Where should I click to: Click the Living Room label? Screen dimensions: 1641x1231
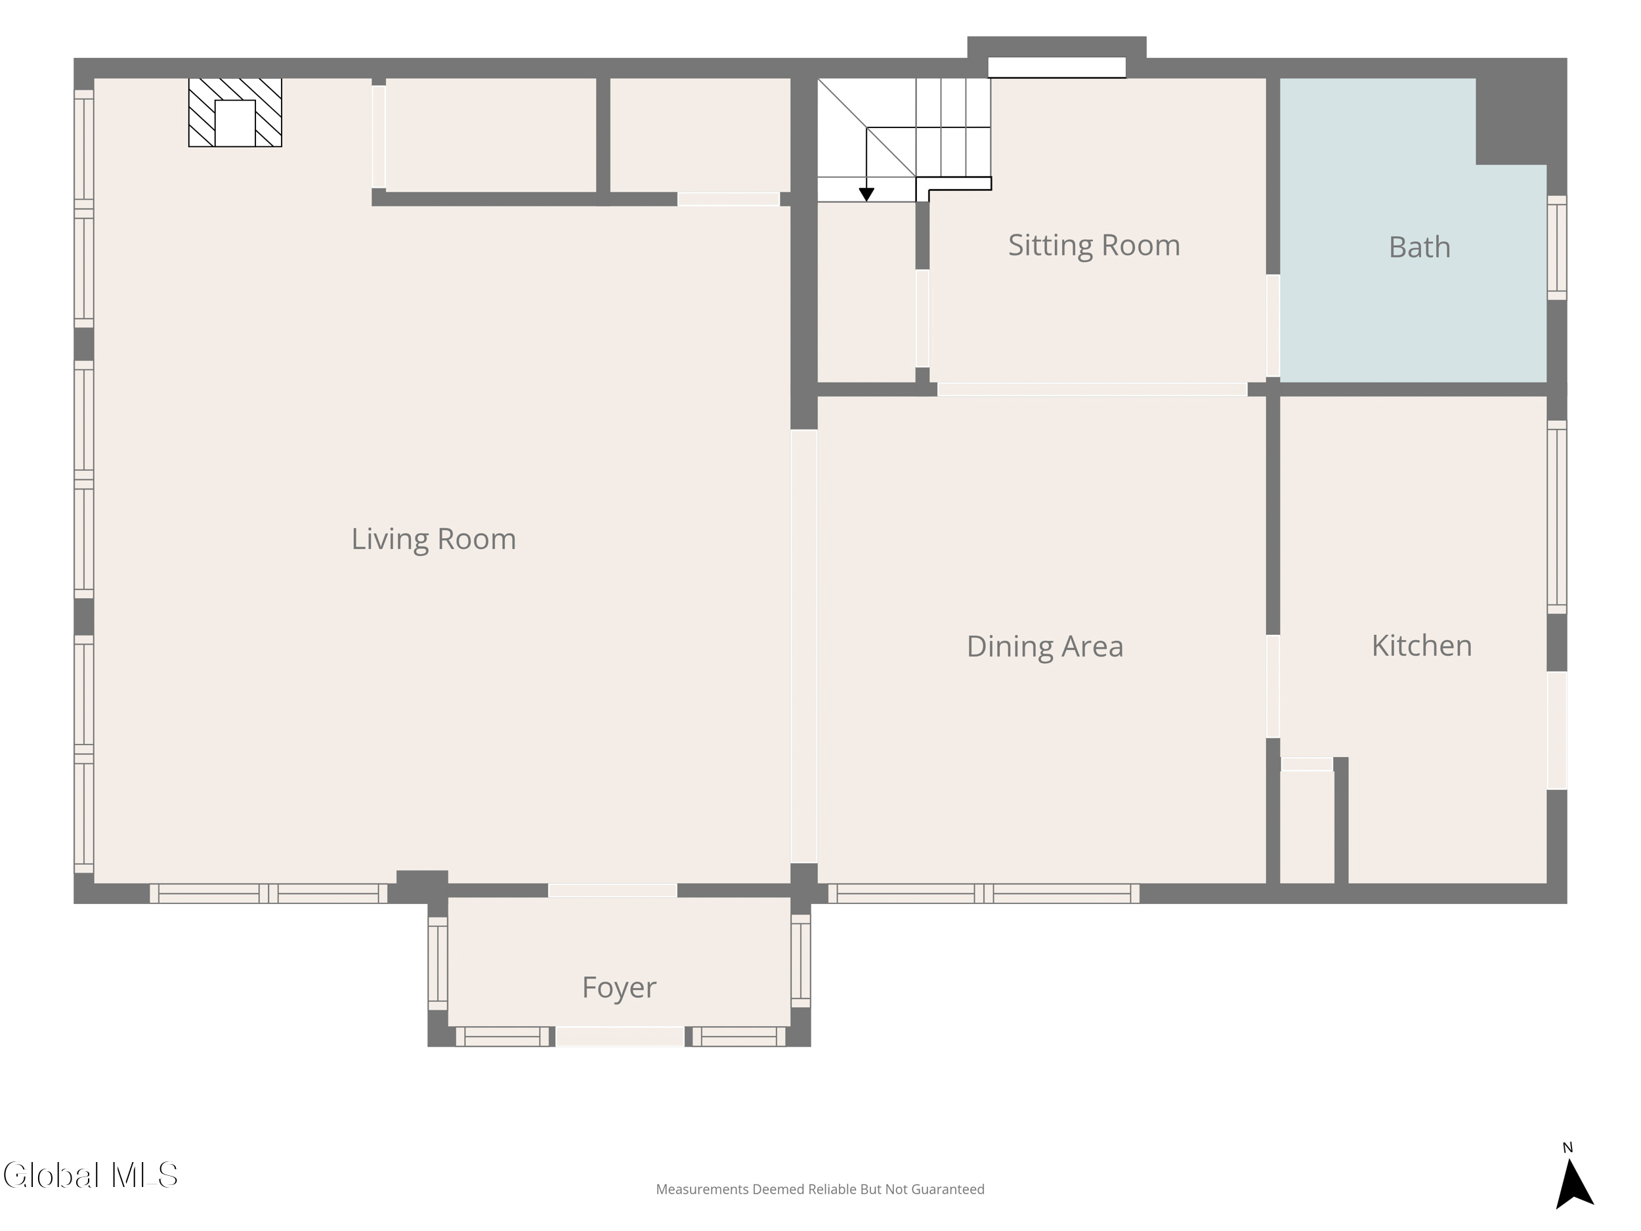433,540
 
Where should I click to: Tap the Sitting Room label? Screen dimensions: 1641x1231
1094,246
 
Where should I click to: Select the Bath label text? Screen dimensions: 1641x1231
1419,247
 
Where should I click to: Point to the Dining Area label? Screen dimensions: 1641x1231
1044,646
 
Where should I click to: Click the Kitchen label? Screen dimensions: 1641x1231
1421,645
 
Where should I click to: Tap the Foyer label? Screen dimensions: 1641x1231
619,987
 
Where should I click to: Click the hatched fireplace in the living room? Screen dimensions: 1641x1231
235,113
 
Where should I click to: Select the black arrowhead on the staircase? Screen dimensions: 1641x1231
866,194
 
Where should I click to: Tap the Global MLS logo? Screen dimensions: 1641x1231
91,1175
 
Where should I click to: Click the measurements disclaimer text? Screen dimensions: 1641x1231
820,1190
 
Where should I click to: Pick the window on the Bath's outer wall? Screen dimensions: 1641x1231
1556,248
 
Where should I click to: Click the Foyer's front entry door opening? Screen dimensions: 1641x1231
620,1037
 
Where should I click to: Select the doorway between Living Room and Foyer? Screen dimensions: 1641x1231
613,890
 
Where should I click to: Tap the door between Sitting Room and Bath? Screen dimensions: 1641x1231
1273,326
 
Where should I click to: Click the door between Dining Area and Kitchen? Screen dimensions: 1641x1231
1273,686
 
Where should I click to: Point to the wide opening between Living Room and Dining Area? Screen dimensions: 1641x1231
804,646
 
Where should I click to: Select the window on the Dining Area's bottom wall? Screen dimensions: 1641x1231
984,894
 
